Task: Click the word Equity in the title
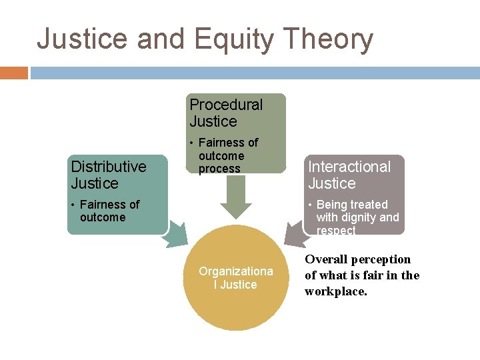[x=233, y=39]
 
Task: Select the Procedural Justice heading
[x=226, y=113]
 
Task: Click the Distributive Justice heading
[x=108, y=175]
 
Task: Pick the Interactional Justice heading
[x=349, y=175]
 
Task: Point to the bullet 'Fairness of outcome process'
[x=227, y=155]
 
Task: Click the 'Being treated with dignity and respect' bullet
[x=356, y=217]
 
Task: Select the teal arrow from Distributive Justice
[x=175, y=234]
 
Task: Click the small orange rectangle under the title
[x=13, y=73]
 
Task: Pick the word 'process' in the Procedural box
[x=219, y=169]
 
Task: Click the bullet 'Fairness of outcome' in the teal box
[x=107, y=211]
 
